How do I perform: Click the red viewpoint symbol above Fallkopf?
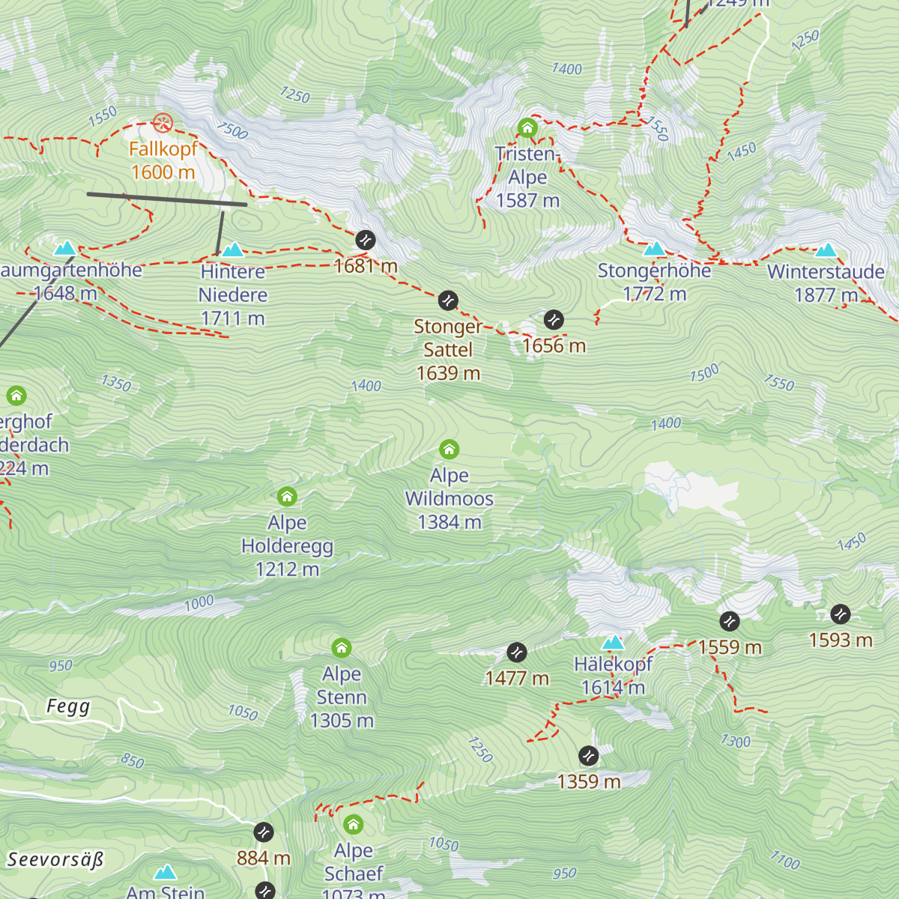click(x=163, y=123)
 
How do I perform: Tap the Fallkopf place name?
click(x=163, y=149)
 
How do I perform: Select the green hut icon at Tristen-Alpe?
click(x=527, y=128)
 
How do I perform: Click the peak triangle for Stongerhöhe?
click(x=655, y=249)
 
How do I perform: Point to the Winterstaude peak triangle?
click(x=826, y=249)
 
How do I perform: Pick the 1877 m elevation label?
click(x=826, y=295)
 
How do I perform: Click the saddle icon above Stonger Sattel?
click(x=448, y=300)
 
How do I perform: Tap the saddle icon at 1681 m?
click(x=366, y=240)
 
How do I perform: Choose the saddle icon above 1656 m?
click(x=554, y=319)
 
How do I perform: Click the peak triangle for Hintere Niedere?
click(x=233, y=249)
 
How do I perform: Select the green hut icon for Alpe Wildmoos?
click(x=449, y=449)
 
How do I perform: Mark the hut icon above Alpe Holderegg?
click(x=287, y=497)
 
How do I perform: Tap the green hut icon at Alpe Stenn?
click(x=342, y=647)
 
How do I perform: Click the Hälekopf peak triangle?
click(x=613, y=642)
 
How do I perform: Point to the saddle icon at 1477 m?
click(x=517, y=653)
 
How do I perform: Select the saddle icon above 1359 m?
click(x=589, y=756)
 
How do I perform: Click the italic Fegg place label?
click(x=68, y=706)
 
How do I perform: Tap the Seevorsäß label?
click(x=55, y=859)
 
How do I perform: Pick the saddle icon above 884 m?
click(x=264, y=832)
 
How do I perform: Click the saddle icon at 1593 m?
click(x=841, y=614)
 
